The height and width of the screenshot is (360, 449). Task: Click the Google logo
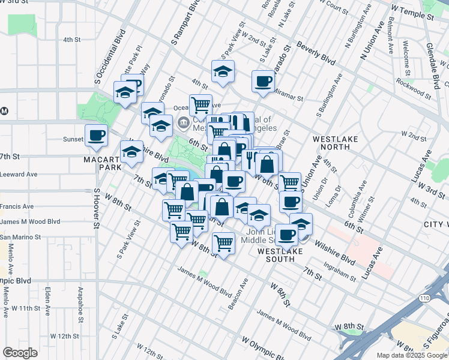pos(20,353)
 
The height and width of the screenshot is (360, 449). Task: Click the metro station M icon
pos(4,110)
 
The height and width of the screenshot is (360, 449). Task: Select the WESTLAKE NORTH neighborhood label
pos(336,143)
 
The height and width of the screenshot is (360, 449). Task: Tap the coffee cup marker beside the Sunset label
pos(96,135)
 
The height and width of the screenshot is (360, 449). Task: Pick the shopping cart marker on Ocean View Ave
pos(200,104)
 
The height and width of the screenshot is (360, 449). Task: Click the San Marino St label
pos(20,237)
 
